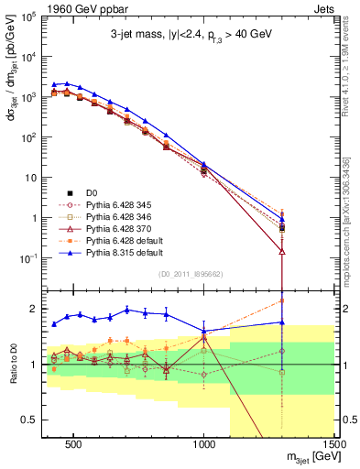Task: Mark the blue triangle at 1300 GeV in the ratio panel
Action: (x=282, y=322)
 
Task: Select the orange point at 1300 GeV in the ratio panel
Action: (x=282, y=300)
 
